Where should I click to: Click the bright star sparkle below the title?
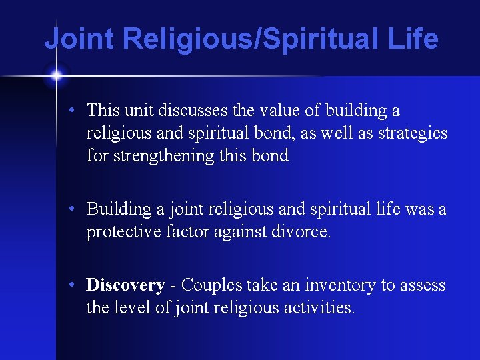[x=56, y=76]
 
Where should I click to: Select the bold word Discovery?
[x=125, y=285]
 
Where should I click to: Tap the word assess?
[x=423, y=285]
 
